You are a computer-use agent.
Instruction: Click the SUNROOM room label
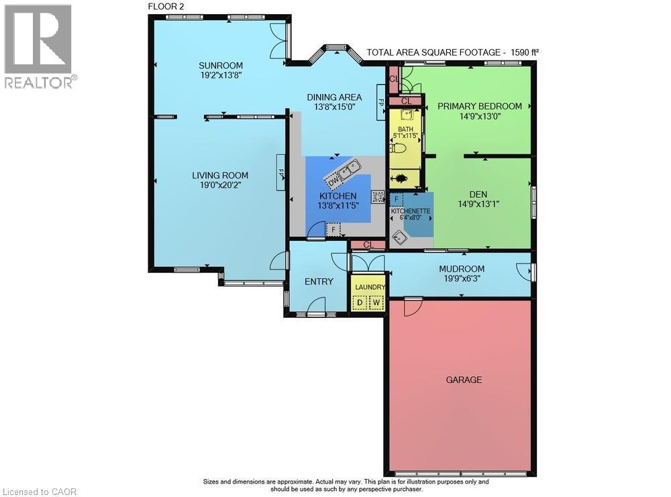pos(220,65)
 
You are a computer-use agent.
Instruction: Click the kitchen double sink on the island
pos(349,172)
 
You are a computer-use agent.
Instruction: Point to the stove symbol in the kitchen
pos(378,197)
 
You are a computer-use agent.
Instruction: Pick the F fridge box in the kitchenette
pos(397,200)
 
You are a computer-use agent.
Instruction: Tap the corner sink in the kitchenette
pos(401,237)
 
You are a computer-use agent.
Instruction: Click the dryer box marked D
pos(360,302)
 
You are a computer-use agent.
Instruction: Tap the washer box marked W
pos(377,302)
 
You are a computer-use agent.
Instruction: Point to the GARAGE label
pos(464,380)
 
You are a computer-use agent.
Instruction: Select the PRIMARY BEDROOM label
pos(479,106)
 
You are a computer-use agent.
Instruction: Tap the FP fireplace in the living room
pos(282,172)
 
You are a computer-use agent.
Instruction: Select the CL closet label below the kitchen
pos(368,245)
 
